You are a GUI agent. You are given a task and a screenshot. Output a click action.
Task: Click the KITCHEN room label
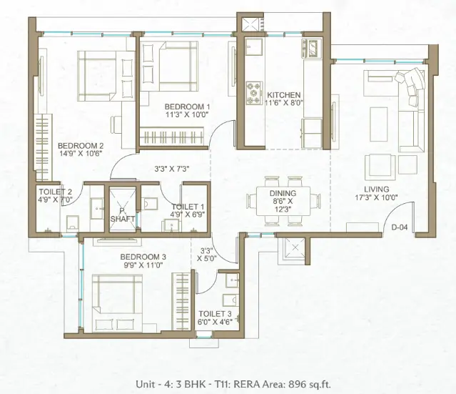tap(283, 95)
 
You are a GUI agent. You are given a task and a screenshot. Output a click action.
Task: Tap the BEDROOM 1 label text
tap(187, 107)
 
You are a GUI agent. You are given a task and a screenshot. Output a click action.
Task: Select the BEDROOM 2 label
tap(81, 146)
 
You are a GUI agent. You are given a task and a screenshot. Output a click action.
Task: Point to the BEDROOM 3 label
tap(143, 257)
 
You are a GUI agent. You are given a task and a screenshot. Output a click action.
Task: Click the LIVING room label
tap(377, 189)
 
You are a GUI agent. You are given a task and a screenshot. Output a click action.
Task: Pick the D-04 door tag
tap(400, 227)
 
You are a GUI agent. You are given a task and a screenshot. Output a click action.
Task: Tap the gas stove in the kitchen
tap(254, 93)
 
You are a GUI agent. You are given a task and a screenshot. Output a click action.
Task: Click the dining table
tap(283, 201)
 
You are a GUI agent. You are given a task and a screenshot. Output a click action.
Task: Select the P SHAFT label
tap(123, 215)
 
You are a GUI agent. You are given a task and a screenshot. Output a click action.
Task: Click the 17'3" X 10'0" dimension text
tap(377, 197)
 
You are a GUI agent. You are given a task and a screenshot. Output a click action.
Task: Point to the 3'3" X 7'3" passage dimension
tap(172, 169)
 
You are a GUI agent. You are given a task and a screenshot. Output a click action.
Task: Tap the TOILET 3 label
tap(216, 314)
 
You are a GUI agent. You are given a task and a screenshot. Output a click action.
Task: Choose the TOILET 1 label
tap(188, 207)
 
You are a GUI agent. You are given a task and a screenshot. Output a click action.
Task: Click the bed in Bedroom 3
tap(118, 303)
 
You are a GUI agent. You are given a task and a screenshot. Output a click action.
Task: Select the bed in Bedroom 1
tap(169, 67)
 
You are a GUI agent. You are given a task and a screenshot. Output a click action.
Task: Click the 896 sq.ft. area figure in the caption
tap(310, 385)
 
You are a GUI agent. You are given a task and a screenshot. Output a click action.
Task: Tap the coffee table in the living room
tap(379, 124)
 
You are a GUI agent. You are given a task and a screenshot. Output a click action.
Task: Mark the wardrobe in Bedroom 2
tap(44, 147)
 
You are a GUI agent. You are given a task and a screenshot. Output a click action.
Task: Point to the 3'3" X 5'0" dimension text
tap(207, 254)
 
